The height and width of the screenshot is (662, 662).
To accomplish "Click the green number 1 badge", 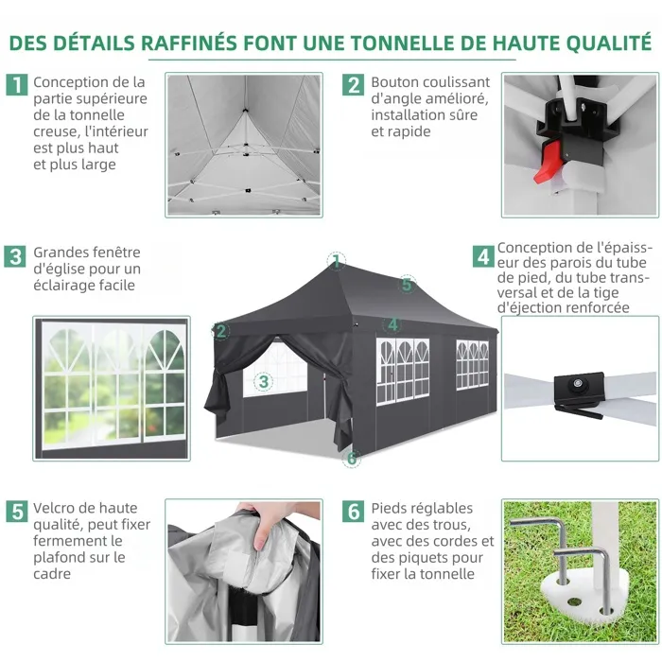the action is (17, 84).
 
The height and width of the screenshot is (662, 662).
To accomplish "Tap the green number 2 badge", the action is (353, 84).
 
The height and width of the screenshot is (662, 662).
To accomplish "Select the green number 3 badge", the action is (15, 256).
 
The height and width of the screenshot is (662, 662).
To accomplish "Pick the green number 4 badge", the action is (483, 256).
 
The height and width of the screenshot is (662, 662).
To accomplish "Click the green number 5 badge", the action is (17, 512).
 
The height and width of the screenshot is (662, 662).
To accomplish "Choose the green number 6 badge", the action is (353, 512).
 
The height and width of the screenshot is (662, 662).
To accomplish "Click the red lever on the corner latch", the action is (548, 162).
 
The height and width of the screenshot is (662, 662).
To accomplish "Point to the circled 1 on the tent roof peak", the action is (336, 261).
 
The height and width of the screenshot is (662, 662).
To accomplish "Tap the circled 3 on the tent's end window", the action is (264, 382).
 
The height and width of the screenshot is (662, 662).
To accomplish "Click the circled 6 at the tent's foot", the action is (352, 459).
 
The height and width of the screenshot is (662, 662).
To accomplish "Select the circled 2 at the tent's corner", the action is (220, 331).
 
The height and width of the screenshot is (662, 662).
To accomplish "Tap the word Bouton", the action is (396, 82).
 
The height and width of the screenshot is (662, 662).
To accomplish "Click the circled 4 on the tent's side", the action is (392, 324).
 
